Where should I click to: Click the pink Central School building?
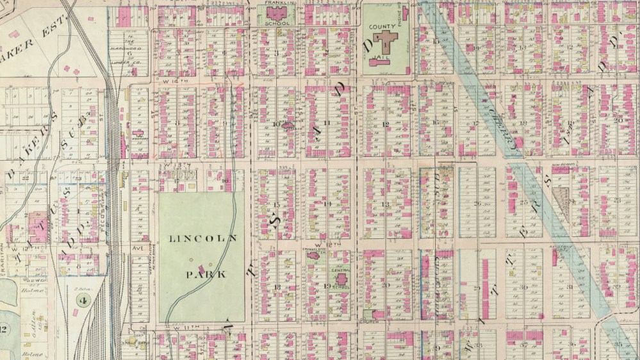click(x=340, y=280)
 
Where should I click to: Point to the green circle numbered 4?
click(x=82, y=299)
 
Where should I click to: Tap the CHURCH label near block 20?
click(x=370, y=322)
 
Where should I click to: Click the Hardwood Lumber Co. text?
click(x=132, y=55)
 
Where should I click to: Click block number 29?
click(x=477, y=288)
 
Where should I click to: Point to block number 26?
click(x=477, y=204)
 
